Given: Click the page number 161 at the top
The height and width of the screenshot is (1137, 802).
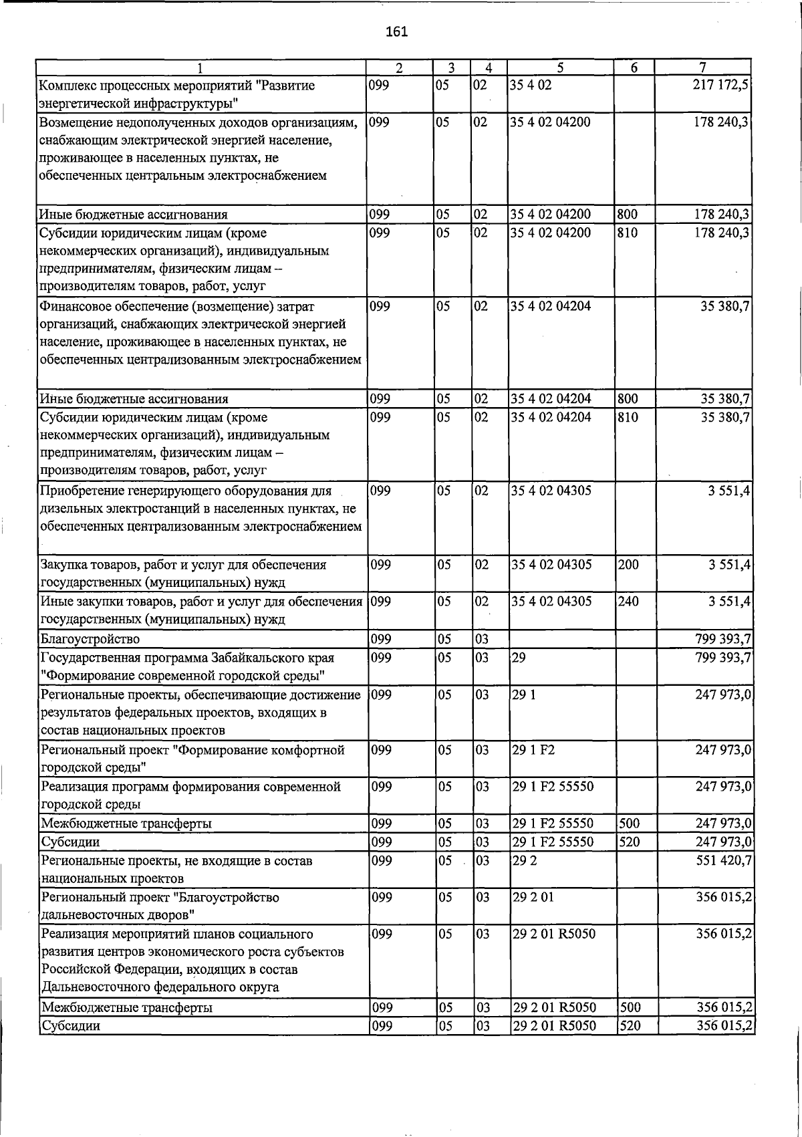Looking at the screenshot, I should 397,32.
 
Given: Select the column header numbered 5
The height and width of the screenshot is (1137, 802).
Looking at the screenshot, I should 560,68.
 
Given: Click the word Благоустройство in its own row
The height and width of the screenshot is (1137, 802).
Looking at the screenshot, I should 90,640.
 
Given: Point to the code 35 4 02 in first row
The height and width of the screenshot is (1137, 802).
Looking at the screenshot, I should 531,86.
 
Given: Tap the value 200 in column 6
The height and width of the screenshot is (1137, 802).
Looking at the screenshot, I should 628,565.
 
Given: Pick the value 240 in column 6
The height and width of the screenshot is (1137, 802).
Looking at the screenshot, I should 628,602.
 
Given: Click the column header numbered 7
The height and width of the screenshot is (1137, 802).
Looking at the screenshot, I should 702,68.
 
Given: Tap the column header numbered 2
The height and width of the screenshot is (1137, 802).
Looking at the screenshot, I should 399,68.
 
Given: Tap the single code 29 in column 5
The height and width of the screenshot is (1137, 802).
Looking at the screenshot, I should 519,658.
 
